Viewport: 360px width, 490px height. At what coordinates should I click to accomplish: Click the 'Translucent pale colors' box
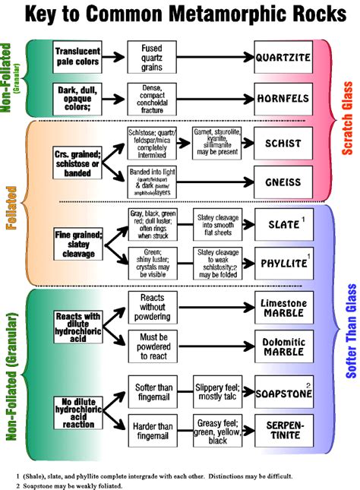coord(77,56)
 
